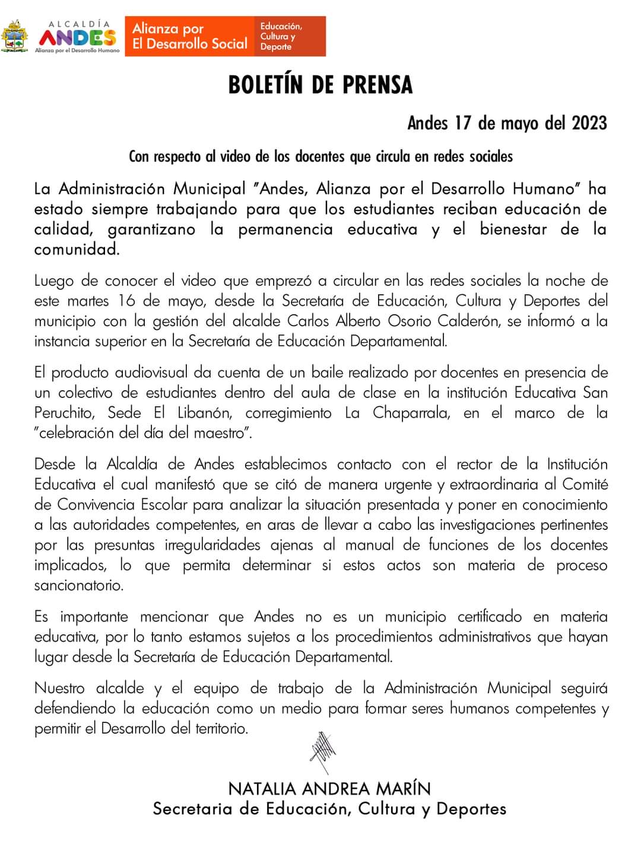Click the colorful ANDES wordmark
click(77, 37)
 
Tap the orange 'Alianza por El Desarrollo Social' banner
click(189, 36)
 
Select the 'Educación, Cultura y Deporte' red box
click(290, 36)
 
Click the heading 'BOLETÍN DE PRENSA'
click(320, 85)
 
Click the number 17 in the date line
click(463, 123)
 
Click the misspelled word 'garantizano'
click(151, 229)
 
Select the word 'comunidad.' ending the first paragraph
click(77, 249)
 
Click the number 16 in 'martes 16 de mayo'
click(126, 301)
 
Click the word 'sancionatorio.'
click(79, 585)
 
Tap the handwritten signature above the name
click(322, 754)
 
